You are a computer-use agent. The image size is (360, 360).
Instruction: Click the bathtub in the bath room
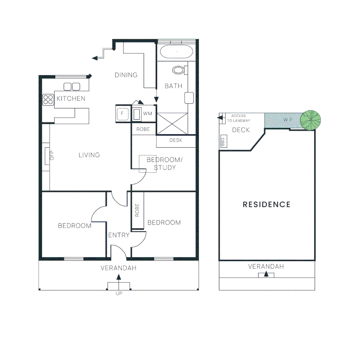click(x=176, y=52)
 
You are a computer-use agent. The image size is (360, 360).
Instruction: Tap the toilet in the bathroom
click(x=179, y=70)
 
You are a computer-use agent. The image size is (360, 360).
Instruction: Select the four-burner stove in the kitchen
click(x=48, y=100)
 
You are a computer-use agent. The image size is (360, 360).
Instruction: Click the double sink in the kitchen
click(x=72, y=87)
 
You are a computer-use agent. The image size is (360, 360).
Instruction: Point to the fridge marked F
click(x=122, y=114)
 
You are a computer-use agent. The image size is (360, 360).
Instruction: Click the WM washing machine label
click(x=147, y=114)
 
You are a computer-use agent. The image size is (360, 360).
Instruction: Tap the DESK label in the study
click(x=176, y=140)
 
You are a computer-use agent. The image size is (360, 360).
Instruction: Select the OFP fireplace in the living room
click(x=48, y=156)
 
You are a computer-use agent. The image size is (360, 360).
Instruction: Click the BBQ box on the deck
click(x=223, y=142)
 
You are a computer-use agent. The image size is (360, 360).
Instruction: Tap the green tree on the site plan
click(x=310, y=120)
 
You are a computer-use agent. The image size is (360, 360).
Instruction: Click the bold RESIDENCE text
click(x=266, y=204)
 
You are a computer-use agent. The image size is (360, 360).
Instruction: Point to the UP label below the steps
click(x=119, y=293)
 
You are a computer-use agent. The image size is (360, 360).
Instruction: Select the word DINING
click(x=126, y=75)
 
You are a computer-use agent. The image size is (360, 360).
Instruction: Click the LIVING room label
click(x=89, y=155)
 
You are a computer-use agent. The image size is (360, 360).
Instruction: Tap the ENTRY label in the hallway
click(x=119, y=235)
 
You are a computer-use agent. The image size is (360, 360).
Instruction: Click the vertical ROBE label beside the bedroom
click(x=137, y=211)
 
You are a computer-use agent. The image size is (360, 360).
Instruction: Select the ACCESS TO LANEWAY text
click(x=239, y=118)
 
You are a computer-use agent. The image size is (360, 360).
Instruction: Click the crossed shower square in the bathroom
click(x=172, y=124)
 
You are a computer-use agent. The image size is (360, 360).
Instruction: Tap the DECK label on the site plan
click(x=241, y=130)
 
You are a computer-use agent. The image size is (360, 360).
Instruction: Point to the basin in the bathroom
click(x=189, y=98)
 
